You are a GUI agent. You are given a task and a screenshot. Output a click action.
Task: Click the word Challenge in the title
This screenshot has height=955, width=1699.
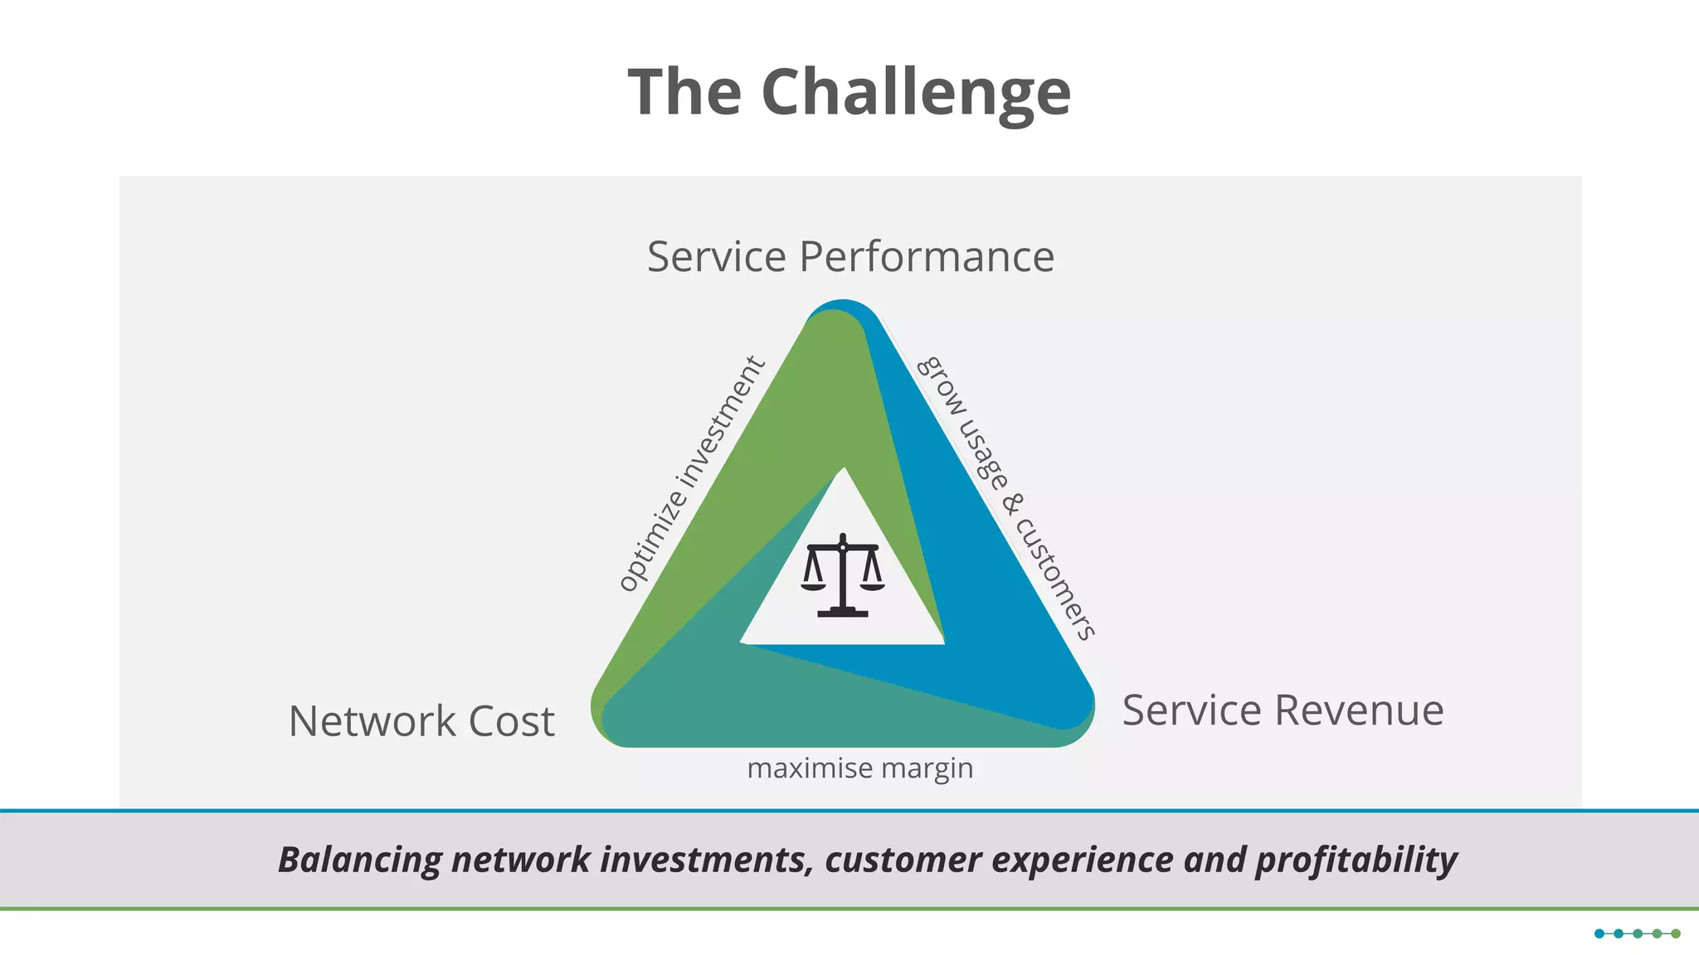point(916,93)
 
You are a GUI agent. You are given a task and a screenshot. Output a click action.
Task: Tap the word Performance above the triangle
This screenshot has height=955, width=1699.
point(927,256)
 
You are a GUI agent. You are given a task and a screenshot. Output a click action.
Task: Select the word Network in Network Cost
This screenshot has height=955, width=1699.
point(372,721)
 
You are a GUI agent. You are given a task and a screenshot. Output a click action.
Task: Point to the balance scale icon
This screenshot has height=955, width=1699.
point(843,575)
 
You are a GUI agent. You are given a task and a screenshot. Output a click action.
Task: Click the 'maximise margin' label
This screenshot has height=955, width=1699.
point(859,768)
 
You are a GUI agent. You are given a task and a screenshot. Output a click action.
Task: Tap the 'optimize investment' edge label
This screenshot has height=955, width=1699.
point(691,473)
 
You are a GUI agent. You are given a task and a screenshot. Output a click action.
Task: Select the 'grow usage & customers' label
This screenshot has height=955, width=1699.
point(1006,497)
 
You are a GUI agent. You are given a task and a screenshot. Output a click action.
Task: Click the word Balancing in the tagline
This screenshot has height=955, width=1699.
point(359,860)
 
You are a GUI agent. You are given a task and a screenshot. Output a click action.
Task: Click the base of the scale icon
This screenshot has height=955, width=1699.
point(843,613)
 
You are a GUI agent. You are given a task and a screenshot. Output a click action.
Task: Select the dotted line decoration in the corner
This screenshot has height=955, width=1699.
point(1637,933)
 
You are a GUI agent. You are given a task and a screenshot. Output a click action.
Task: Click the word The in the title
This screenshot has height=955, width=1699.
point(684,93)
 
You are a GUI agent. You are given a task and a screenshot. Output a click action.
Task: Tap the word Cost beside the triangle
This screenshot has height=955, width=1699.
point(511,721)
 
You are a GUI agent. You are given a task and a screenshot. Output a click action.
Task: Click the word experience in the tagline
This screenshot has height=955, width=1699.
point(1083,860)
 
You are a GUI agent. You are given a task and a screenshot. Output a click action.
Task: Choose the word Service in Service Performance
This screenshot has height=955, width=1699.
point(716,256)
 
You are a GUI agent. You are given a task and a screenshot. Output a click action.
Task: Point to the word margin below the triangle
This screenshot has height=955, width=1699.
point(927,768)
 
